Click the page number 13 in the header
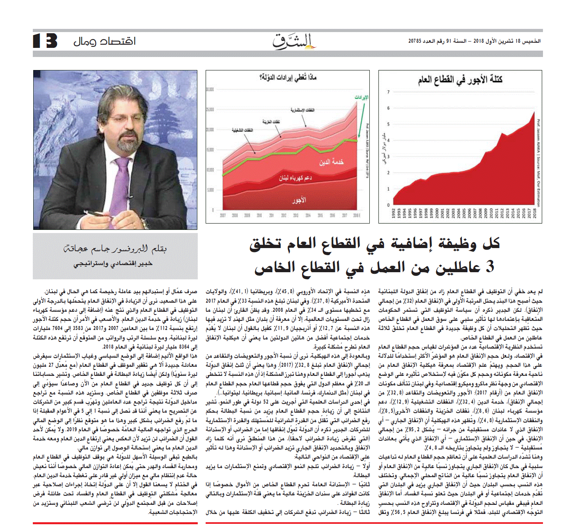click(45, 41)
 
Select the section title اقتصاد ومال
click(104, 41)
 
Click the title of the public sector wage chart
click(460, 80)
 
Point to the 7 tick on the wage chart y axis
click(388, 92)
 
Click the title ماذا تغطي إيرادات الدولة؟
click(288, 77)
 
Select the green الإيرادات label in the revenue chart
click(361, 97)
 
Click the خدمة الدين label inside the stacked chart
click(331, 162)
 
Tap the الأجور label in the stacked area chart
click(299, 200)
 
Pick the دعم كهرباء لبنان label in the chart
click(295, 178)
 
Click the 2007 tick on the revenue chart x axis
click(223, 216)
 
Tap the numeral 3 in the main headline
click(490, 267)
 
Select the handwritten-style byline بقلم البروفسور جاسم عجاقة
click(115, 248)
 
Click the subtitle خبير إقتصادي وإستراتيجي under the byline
click(113, 263)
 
